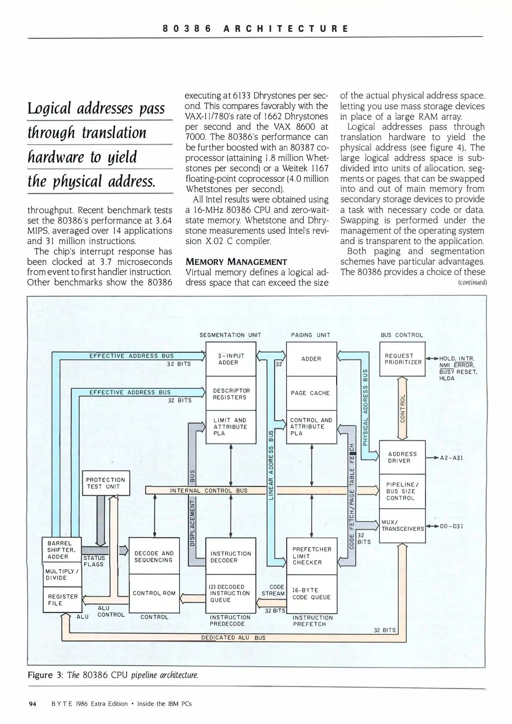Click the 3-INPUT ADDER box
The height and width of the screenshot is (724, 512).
pos(231,359)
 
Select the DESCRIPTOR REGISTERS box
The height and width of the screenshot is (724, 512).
pos(231,394)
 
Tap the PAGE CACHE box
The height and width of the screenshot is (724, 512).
pos(311,393)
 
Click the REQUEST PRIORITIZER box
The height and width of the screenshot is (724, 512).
pos(402,359)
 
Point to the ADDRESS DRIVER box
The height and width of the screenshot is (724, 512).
pos(402,457)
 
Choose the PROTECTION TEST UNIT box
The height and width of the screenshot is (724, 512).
pos(106,483)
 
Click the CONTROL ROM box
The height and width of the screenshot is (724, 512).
pos(154,593)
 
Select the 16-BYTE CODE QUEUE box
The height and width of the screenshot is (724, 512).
pos(311,594)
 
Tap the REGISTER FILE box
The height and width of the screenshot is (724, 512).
pos(63,600)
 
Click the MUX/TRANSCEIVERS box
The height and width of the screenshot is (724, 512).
pos(402,526)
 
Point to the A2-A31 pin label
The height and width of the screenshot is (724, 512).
pos(451,458)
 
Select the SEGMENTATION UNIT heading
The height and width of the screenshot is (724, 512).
pos(230,335)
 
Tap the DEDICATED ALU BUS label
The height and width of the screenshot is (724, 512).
pos(233,638)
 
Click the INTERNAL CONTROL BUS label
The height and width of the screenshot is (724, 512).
pos(209,490)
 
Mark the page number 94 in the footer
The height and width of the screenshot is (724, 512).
pos(33,704)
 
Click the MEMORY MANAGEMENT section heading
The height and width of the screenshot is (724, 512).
pos(236,262)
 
